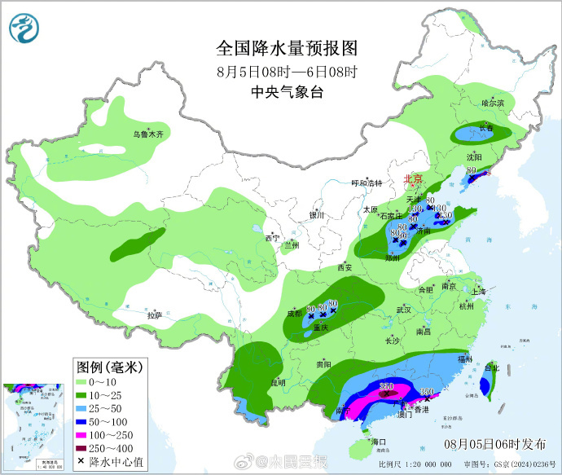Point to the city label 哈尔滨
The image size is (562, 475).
pyautogui.click(x=493, y=103)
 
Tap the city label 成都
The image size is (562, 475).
pyautogui.click(x=294, y=312)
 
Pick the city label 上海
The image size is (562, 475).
pyautogui.click(x=478, y=292)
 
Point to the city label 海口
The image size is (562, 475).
pyautogui.click(x=377, y=441)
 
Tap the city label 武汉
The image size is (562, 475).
pyautogui.click(x=404, y=310)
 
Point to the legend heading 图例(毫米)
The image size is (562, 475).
pyautogui.click(x=108, y=367)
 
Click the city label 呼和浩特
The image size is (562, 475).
pyautogui.click(x=366, y=183)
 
